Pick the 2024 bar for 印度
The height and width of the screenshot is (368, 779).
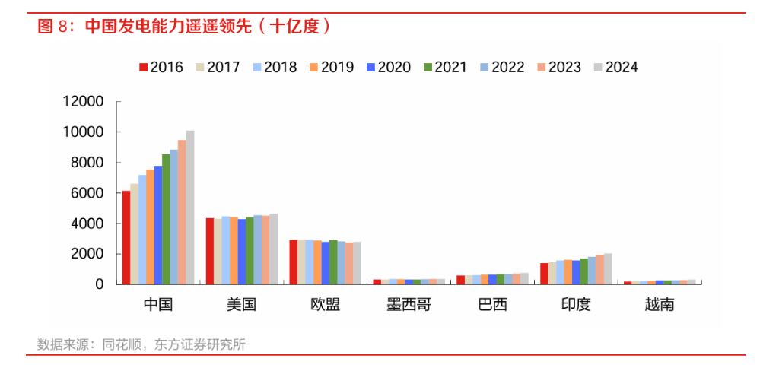point(608,269)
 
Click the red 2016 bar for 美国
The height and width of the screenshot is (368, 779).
point(210,251)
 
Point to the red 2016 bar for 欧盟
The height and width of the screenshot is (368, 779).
point(294,262)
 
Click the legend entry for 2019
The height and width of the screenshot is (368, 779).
point(332,67)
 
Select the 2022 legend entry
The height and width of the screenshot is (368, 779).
point(502,67)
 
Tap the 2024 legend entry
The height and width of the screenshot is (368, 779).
point(616,67)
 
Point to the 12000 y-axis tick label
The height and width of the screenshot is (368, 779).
point(83,102)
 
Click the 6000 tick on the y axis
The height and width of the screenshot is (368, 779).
point(87,193)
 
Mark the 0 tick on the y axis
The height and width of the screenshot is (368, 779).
point(99,284)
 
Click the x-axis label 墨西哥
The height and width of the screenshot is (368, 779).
point(409,305)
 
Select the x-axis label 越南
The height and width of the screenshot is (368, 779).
point(660,305)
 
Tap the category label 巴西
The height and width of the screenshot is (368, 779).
point(492,305)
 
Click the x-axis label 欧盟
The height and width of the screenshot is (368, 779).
point(325,305)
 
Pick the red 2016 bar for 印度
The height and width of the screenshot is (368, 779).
point(544,274)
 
